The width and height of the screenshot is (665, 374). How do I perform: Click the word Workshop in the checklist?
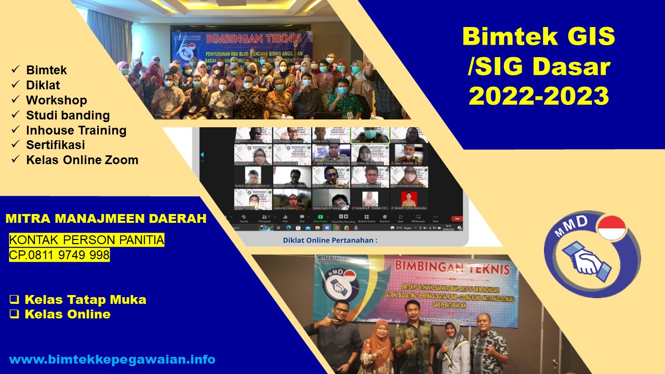click(56, 100)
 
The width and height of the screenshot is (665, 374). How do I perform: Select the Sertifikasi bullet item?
click(55, 145)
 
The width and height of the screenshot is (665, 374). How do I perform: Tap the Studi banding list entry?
click(68, 115)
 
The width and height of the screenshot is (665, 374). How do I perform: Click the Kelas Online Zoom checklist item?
click(82, 160)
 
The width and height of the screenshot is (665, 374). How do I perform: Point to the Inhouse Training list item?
click(76, 130)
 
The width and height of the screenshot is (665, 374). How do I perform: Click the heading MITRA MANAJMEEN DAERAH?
click(106, 219)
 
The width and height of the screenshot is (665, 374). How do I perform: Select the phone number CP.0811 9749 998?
click(59, 255)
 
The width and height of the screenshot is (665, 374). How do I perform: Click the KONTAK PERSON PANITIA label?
click(87, 240)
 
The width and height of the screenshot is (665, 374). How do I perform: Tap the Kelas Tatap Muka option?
click(85, 300)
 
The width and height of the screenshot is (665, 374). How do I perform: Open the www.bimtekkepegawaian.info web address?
click(112, 359)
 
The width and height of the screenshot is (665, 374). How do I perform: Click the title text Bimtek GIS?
click(539, 36)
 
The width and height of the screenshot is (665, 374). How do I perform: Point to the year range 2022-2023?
click(539, 96)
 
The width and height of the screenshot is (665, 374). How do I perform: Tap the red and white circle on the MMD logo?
click(611, 228)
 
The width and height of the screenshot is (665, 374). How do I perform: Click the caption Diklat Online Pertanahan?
click(330, 240)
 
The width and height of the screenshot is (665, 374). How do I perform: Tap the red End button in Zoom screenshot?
click(457, 219)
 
